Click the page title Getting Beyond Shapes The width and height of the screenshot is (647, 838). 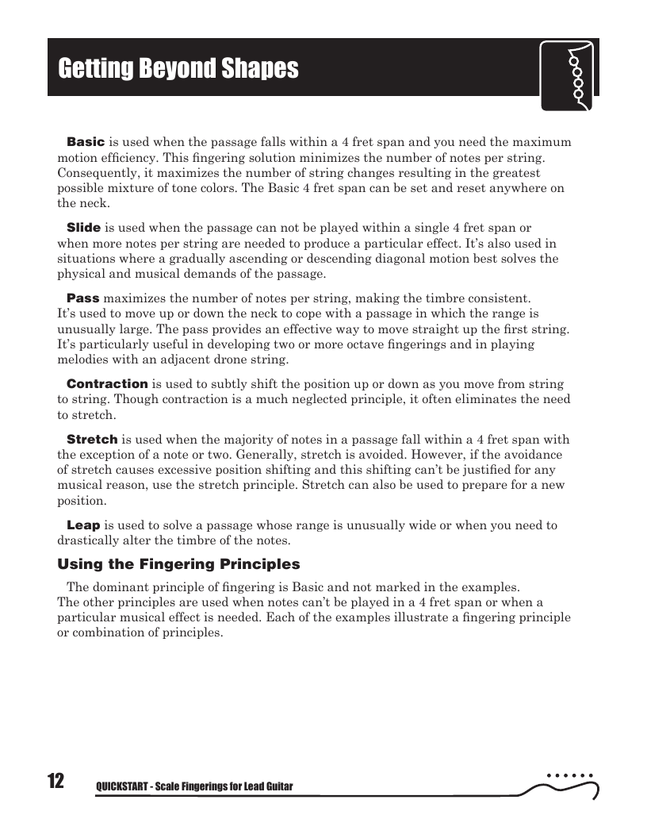178,69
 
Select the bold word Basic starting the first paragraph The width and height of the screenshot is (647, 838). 86,142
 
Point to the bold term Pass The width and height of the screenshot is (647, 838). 83,298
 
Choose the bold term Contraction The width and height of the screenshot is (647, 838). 107,384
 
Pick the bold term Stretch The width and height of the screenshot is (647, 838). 92,440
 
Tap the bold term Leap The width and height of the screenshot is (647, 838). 83,525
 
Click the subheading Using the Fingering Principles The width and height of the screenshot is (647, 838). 178,565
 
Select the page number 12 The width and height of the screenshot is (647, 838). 56,781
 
